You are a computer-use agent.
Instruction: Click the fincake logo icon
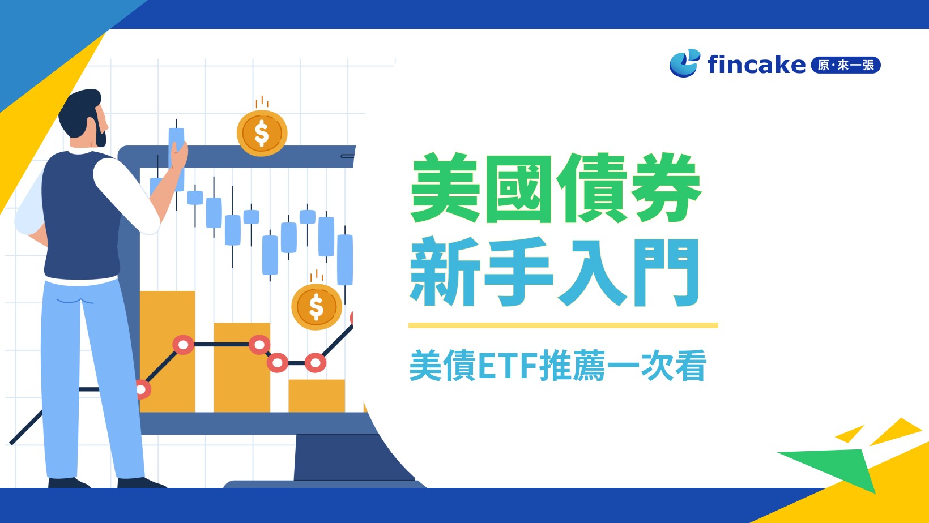(x=684, y=63)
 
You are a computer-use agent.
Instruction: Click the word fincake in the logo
(x=756, y=65)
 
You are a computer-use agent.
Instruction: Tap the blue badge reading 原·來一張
(x=845, y=65)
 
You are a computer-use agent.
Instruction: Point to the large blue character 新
(x=445, y=272)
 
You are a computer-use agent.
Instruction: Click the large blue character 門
(x=666, y=272)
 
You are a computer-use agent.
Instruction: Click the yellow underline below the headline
(x=562, y=325)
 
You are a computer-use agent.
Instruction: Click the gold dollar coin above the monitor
(x=262, y=133)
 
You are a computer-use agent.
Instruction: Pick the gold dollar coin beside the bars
(x=316, y=307)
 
